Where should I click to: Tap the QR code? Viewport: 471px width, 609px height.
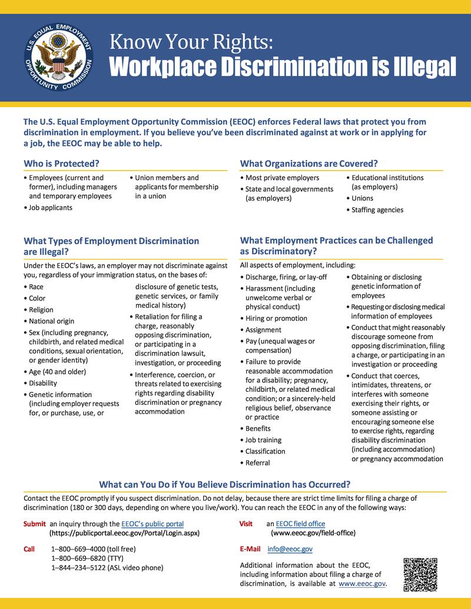click(x=420, y=574)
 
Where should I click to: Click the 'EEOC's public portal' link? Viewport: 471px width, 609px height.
click(x=152, y=524)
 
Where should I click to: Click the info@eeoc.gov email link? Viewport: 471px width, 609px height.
click(x=290, y=548)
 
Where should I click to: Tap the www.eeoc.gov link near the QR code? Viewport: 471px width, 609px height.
click(x=362, y=584)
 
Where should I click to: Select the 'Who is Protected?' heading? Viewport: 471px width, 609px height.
click(x=61, y=163)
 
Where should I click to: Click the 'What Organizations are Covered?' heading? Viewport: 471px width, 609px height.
click(x=309, y=163)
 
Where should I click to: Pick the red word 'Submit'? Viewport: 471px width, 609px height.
click(x=34, y=524)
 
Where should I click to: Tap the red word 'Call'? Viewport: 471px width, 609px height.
click(x=29, y=549)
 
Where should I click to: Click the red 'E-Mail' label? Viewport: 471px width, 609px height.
click(x=250, y=548)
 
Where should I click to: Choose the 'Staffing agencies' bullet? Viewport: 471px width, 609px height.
click(x=377, y=209)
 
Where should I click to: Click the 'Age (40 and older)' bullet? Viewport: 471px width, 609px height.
click(x=58, y=372)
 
